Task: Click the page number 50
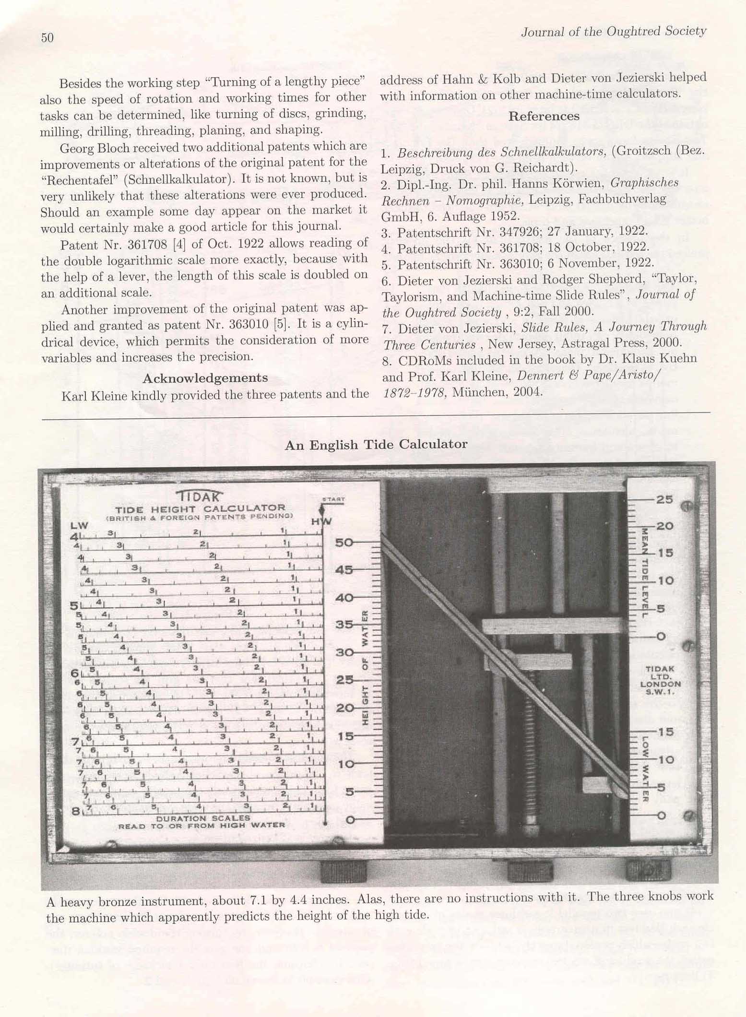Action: pos(47,38)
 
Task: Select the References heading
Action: pos(544,117)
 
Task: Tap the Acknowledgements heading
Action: pos(205,378)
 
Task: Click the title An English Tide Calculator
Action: pos(376,445)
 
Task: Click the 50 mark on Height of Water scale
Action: pos(345,543)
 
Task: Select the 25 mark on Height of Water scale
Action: pos(345,680)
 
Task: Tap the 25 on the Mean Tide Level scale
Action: pos(664,499)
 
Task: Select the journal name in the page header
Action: pos(614,32)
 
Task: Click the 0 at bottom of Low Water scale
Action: pos(662,815)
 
